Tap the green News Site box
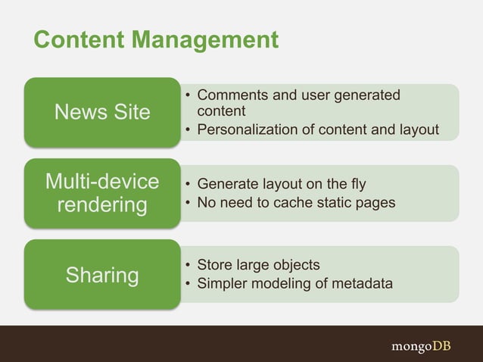point(102,112)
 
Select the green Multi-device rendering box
point(102,193)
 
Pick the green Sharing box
point(102,275)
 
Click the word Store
point(214,265)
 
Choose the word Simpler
point(222,284)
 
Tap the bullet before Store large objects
point(187,266)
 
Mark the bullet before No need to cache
point(187,203)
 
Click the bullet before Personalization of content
point(187,131)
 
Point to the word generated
point(369,96)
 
